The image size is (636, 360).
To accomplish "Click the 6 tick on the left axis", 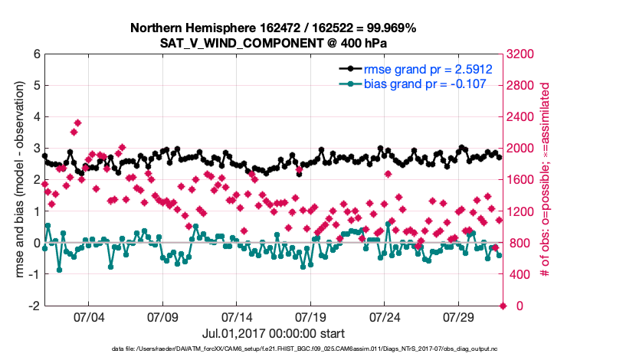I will pyautogui.click(x=35, y=54).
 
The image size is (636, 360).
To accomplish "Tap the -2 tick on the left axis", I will pyautogui.click(x=33, y=306).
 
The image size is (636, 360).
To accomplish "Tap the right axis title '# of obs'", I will pyautogui.click(x=546, y=180).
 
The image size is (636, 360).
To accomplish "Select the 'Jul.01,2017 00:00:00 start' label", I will pyautogui.click(x=273, y=334).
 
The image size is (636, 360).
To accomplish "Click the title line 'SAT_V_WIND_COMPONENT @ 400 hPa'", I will pyautogui.click(x=273, y=42).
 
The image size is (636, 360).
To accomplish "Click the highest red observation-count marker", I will pyautogui.click(x=78, y=123).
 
